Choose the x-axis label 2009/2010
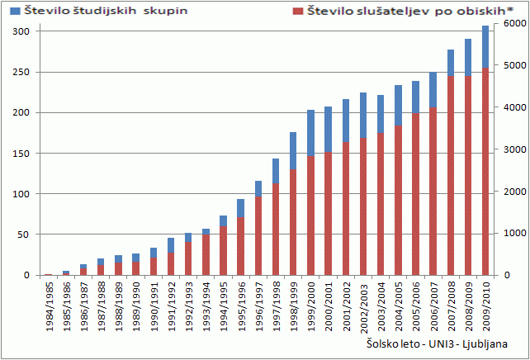pyautogui.click(x=485, y=306)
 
